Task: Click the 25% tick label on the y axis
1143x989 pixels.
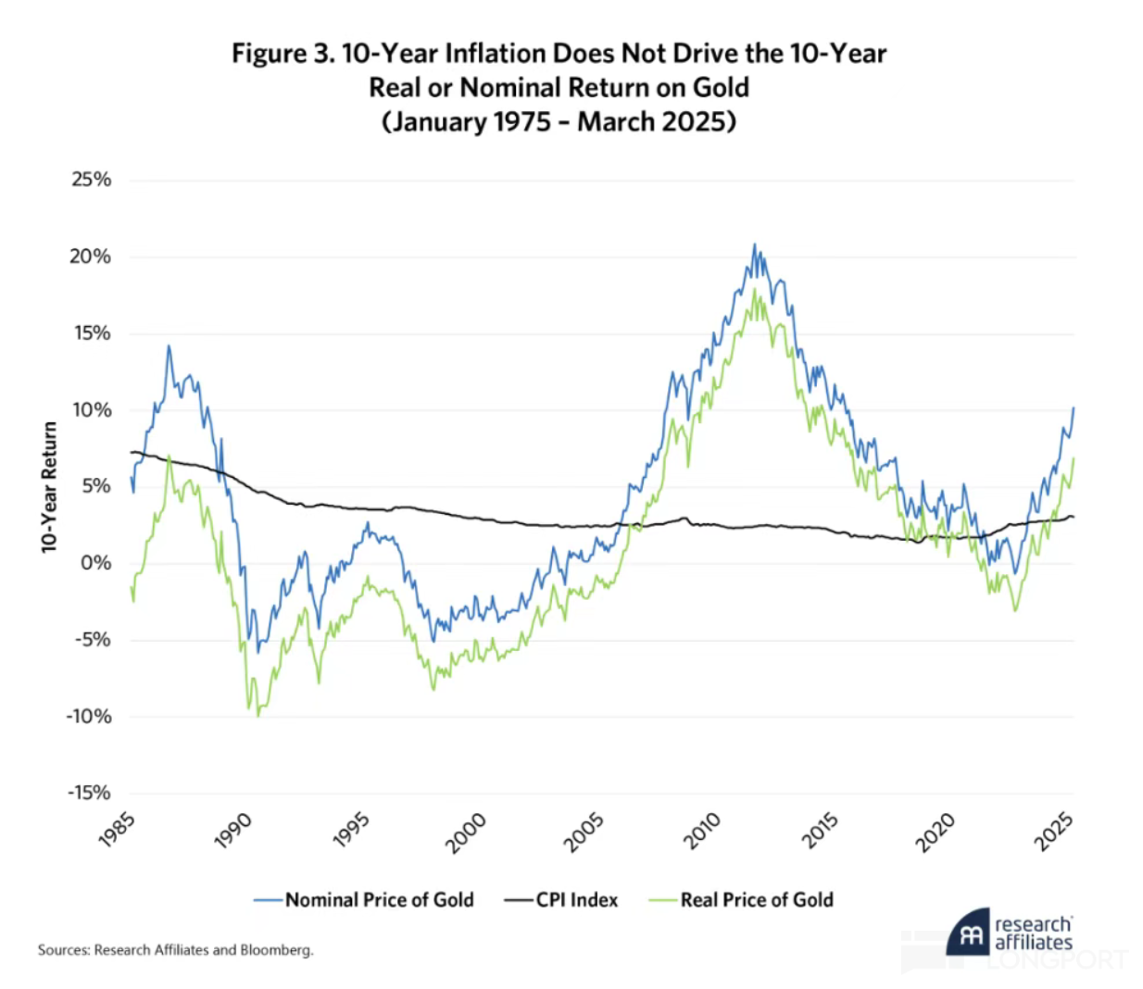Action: [x=91, y=180]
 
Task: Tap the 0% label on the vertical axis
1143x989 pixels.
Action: [x=95, y=563]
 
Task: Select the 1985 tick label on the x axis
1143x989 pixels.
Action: [x=118, y=830]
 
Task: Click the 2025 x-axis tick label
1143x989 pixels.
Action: [x=1054, y=831]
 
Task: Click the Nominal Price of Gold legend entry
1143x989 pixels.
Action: [x=379, y=900]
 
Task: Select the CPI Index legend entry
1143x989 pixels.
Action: [x=576, y=900]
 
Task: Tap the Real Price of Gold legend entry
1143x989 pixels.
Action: [x=756, y=900]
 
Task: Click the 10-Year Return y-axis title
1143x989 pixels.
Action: [x=49, y=487]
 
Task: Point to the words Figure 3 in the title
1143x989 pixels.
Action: [x=282, y=54]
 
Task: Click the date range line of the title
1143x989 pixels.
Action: [x=559, y=122]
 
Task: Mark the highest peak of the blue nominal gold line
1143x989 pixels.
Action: [x=754, y=245]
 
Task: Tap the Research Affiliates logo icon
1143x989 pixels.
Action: [x=968, y=933]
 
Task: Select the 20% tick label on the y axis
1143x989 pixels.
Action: [x=90, y=257]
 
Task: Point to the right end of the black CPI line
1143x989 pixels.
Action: [x=1073, y=517]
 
